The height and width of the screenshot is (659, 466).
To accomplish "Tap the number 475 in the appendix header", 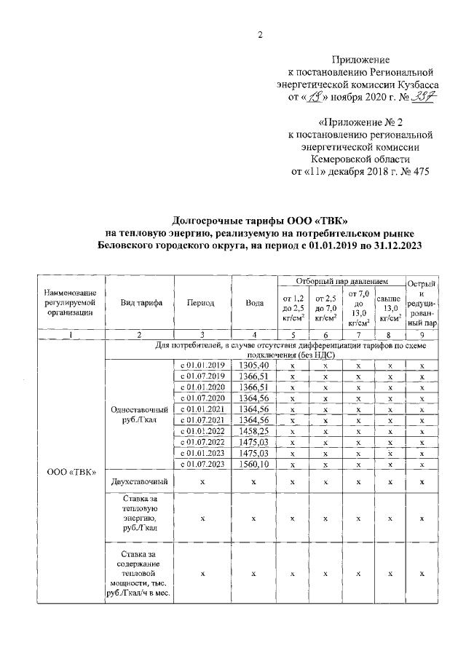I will (420, 173).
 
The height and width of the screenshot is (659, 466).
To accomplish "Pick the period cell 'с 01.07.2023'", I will (200, 464).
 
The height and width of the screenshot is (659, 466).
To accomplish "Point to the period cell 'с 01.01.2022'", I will (200, 431).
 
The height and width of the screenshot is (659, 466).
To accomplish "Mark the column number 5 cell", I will (292, 334).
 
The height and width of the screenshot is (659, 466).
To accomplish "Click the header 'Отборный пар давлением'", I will (341, 281).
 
